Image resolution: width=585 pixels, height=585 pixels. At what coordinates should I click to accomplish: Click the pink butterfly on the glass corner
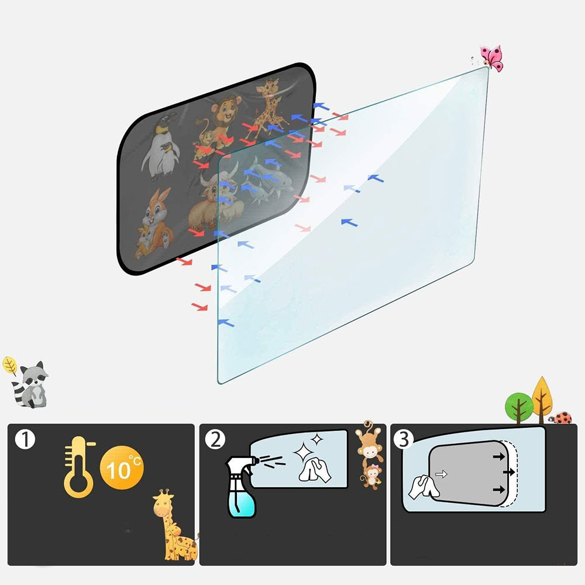pyautogui.click(x=492, y=58)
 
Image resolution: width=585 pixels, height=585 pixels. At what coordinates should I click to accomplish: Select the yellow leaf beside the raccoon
pyautogui.click(x=10, y=365)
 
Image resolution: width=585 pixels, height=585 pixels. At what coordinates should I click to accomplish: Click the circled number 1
pyautogui.click(x=25, y=439)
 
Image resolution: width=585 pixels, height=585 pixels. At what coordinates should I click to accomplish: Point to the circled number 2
pyautogui.click(x=215, y=439)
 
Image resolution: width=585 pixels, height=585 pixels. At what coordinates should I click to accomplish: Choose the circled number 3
pyautogui.click(x=404, y=439)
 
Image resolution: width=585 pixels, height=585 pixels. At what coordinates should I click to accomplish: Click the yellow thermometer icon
pyautogui.click(x=79, y=467)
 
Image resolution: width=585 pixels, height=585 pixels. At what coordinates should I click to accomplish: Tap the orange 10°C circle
pyautogui.click(x=122, y=467)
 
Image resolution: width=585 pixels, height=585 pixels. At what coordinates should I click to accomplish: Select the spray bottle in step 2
pyautogui.click(x=242, y=487)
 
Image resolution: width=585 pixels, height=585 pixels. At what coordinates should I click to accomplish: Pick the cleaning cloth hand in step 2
pyautogui.click(x=315, y=470)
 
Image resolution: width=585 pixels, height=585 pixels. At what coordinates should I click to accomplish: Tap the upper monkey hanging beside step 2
pyautogui.click(x=369, y=442)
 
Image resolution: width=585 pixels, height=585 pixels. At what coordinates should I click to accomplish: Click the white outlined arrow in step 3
pyautogui.click(x=441, y=474)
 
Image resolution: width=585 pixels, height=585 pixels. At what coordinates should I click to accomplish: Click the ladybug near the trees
pyautogui.click(x=561, y=418)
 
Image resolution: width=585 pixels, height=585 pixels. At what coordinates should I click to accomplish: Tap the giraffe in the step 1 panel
pyautogui.click(x=174, y=525)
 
